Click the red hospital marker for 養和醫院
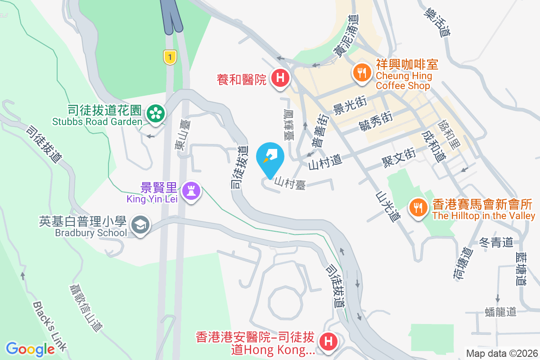pos(280,78)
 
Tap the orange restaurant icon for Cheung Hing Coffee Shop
pos(361,71)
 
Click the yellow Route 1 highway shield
pos(169,57)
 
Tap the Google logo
pos(31,349)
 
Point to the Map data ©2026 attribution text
pos(502,353)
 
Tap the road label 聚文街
pos(398,157)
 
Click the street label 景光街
pos(350,106)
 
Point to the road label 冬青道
pos(496,243)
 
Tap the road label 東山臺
pos(183,134)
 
